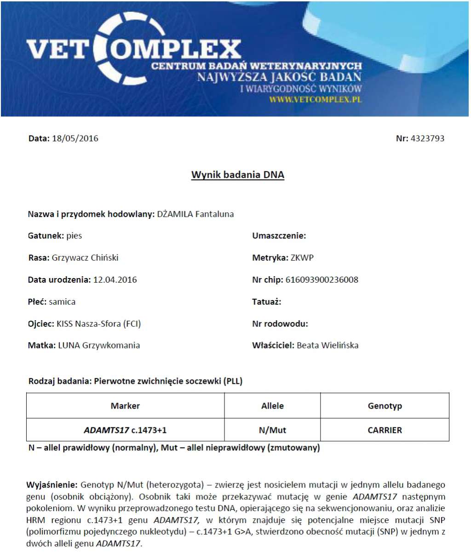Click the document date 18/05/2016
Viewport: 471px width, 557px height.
[x=75, y=138]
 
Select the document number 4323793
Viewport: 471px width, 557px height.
[x=427, y=138]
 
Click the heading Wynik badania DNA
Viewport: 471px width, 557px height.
[x=238, y=175]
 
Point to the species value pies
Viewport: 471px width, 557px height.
[x=74, y=236]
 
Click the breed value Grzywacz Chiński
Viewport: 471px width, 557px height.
[x=85, y=258]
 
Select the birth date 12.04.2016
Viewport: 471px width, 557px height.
[x=115, y=279]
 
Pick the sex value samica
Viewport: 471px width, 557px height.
[x=62, y=302]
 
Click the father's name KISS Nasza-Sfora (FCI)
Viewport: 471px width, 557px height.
[x=98, y=324]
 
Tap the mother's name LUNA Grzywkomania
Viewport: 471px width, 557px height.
[x=99, y=346]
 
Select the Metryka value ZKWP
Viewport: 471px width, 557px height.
[x=302, y=258]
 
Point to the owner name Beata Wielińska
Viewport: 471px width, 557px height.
[x=327, y=346]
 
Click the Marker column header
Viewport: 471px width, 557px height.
[x=125, y=406]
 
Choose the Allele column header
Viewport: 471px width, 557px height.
[x=272, y=406]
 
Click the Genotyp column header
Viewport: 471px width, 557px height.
[x=385, y=406]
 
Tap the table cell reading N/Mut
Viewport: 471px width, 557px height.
[x=272, y=430]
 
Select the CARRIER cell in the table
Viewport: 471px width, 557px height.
[x=385, y=430]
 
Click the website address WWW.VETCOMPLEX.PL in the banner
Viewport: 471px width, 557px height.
[x=316, y=99]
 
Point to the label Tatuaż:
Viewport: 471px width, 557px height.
[x=267, y=302]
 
